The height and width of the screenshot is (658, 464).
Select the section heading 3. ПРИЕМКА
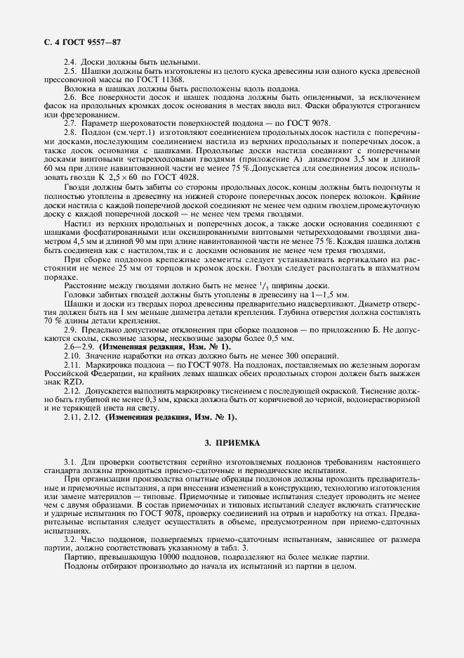[232, 444]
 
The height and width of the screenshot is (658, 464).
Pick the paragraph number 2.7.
[70, 122]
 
